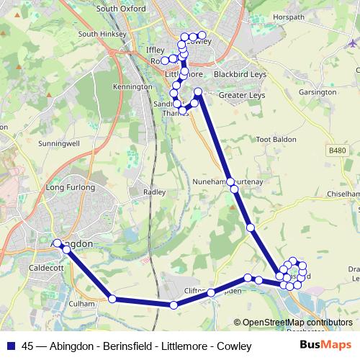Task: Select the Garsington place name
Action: (318, 92)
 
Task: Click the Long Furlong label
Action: (71, 187)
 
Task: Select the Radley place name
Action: (155, 192)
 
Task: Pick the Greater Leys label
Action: (243, 94)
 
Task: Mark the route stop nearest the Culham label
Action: (112, 299)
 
